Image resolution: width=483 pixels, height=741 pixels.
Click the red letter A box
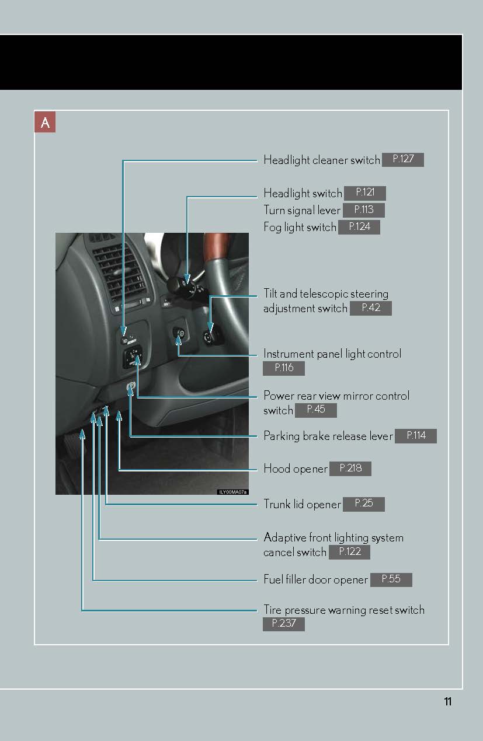[45, 122]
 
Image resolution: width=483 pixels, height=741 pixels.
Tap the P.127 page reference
[403, 160]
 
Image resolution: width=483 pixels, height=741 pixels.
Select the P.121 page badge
[365, 193]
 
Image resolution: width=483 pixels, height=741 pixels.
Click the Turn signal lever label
[302, 211]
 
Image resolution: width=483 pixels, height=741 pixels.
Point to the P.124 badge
[359, 228]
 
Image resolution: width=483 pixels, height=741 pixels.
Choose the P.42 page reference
[371, 308]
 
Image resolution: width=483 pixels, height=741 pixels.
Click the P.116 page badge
[284, 368]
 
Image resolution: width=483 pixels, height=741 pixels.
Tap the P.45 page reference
[316, 410]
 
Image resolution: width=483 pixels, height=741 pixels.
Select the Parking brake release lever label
[328, 436]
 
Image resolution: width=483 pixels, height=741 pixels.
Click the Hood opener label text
[296, 469]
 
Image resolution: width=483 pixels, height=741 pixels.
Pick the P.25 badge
[364, 504]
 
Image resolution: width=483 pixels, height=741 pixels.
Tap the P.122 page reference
[350, 552]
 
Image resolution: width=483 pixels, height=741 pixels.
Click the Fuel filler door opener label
[315, 579]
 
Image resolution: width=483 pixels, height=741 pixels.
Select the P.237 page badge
[284, 624]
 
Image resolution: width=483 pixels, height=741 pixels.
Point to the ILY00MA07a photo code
[232, 492]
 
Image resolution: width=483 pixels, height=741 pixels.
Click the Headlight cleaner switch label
[322, 160]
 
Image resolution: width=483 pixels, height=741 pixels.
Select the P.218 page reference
[350, 469]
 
